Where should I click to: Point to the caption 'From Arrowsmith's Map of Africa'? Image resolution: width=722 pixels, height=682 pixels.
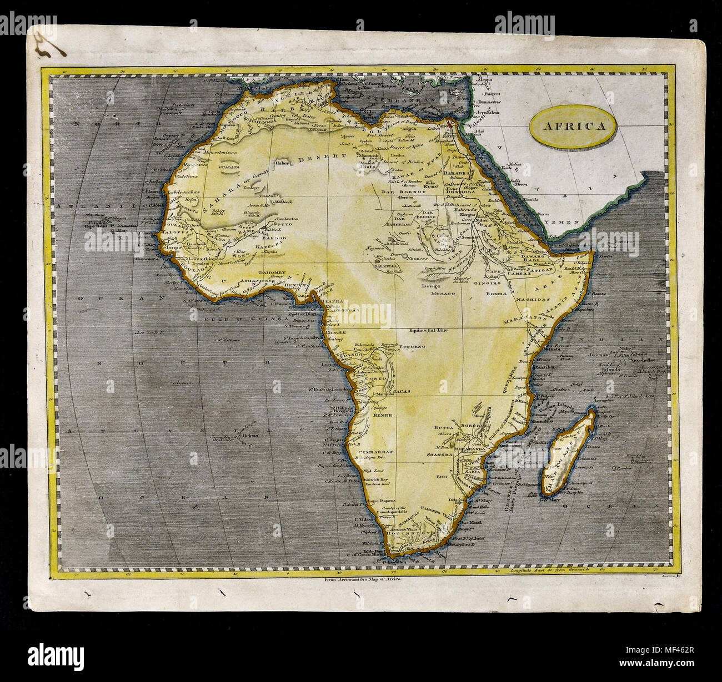pyautogui.click(x=360, y=579)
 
